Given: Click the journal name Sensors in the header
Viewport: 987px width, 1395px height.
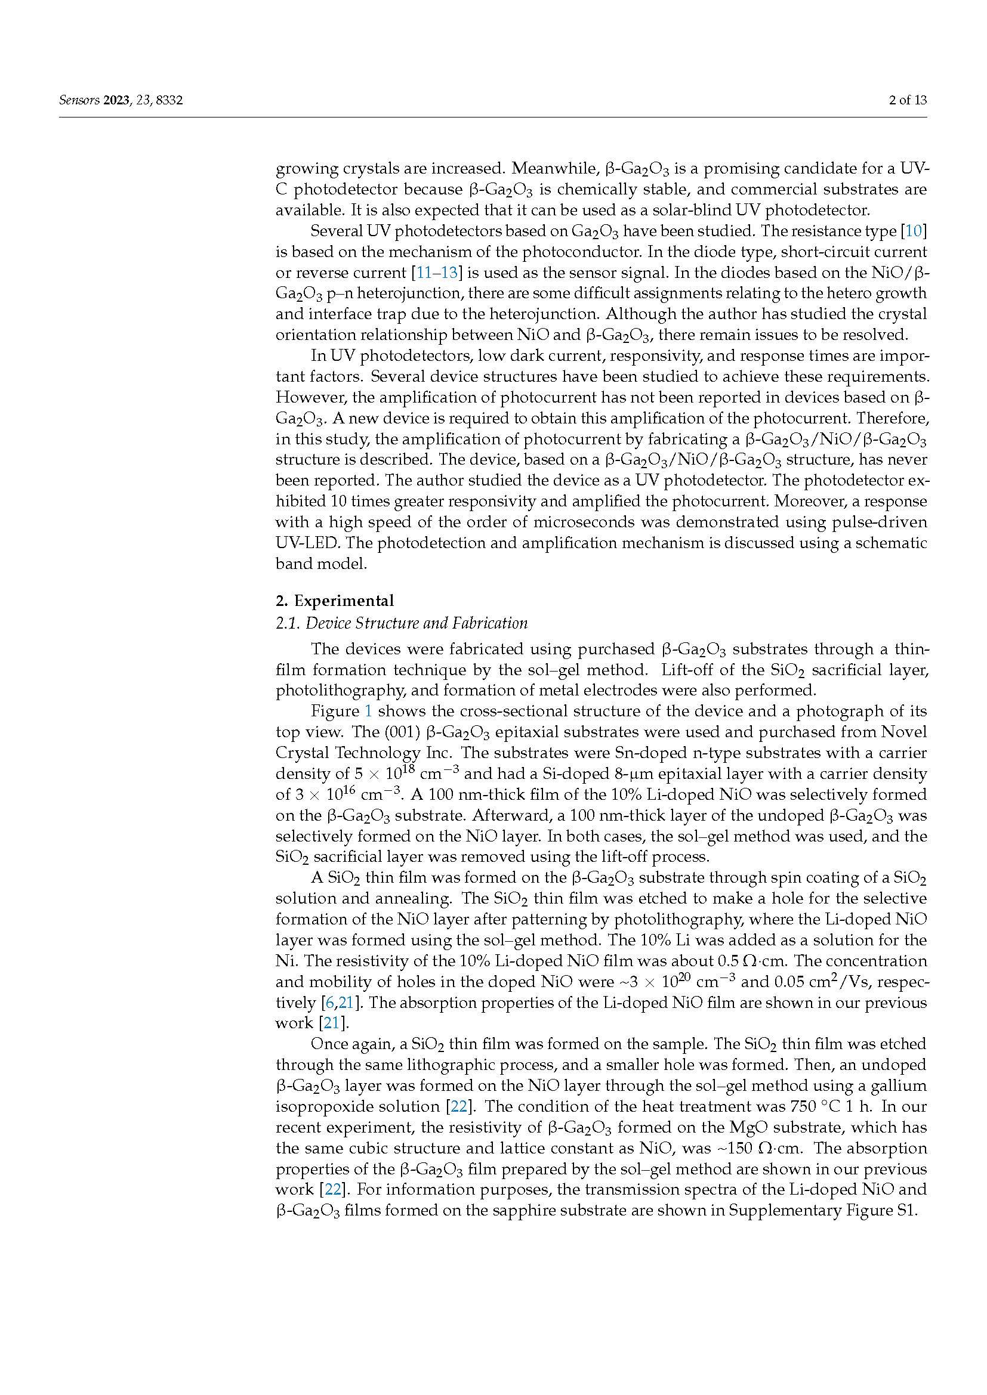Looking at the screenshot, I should tap(79, 100).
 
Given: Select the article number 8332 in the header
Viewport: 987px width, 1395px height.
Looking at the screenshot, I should tap(169, 100).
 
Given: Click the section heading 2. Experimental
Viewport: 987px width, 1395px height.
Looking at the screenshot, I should tap(335, 601).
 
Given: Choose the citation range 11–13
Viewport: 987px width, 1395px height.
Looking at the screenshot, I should tap(436, 272).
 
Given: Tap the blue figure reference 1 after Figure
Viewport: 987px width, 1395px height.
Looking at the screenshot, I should tap(368, 711).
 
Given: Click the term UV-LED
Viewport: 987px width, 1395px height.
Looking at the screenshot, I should tap(307, 543).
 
